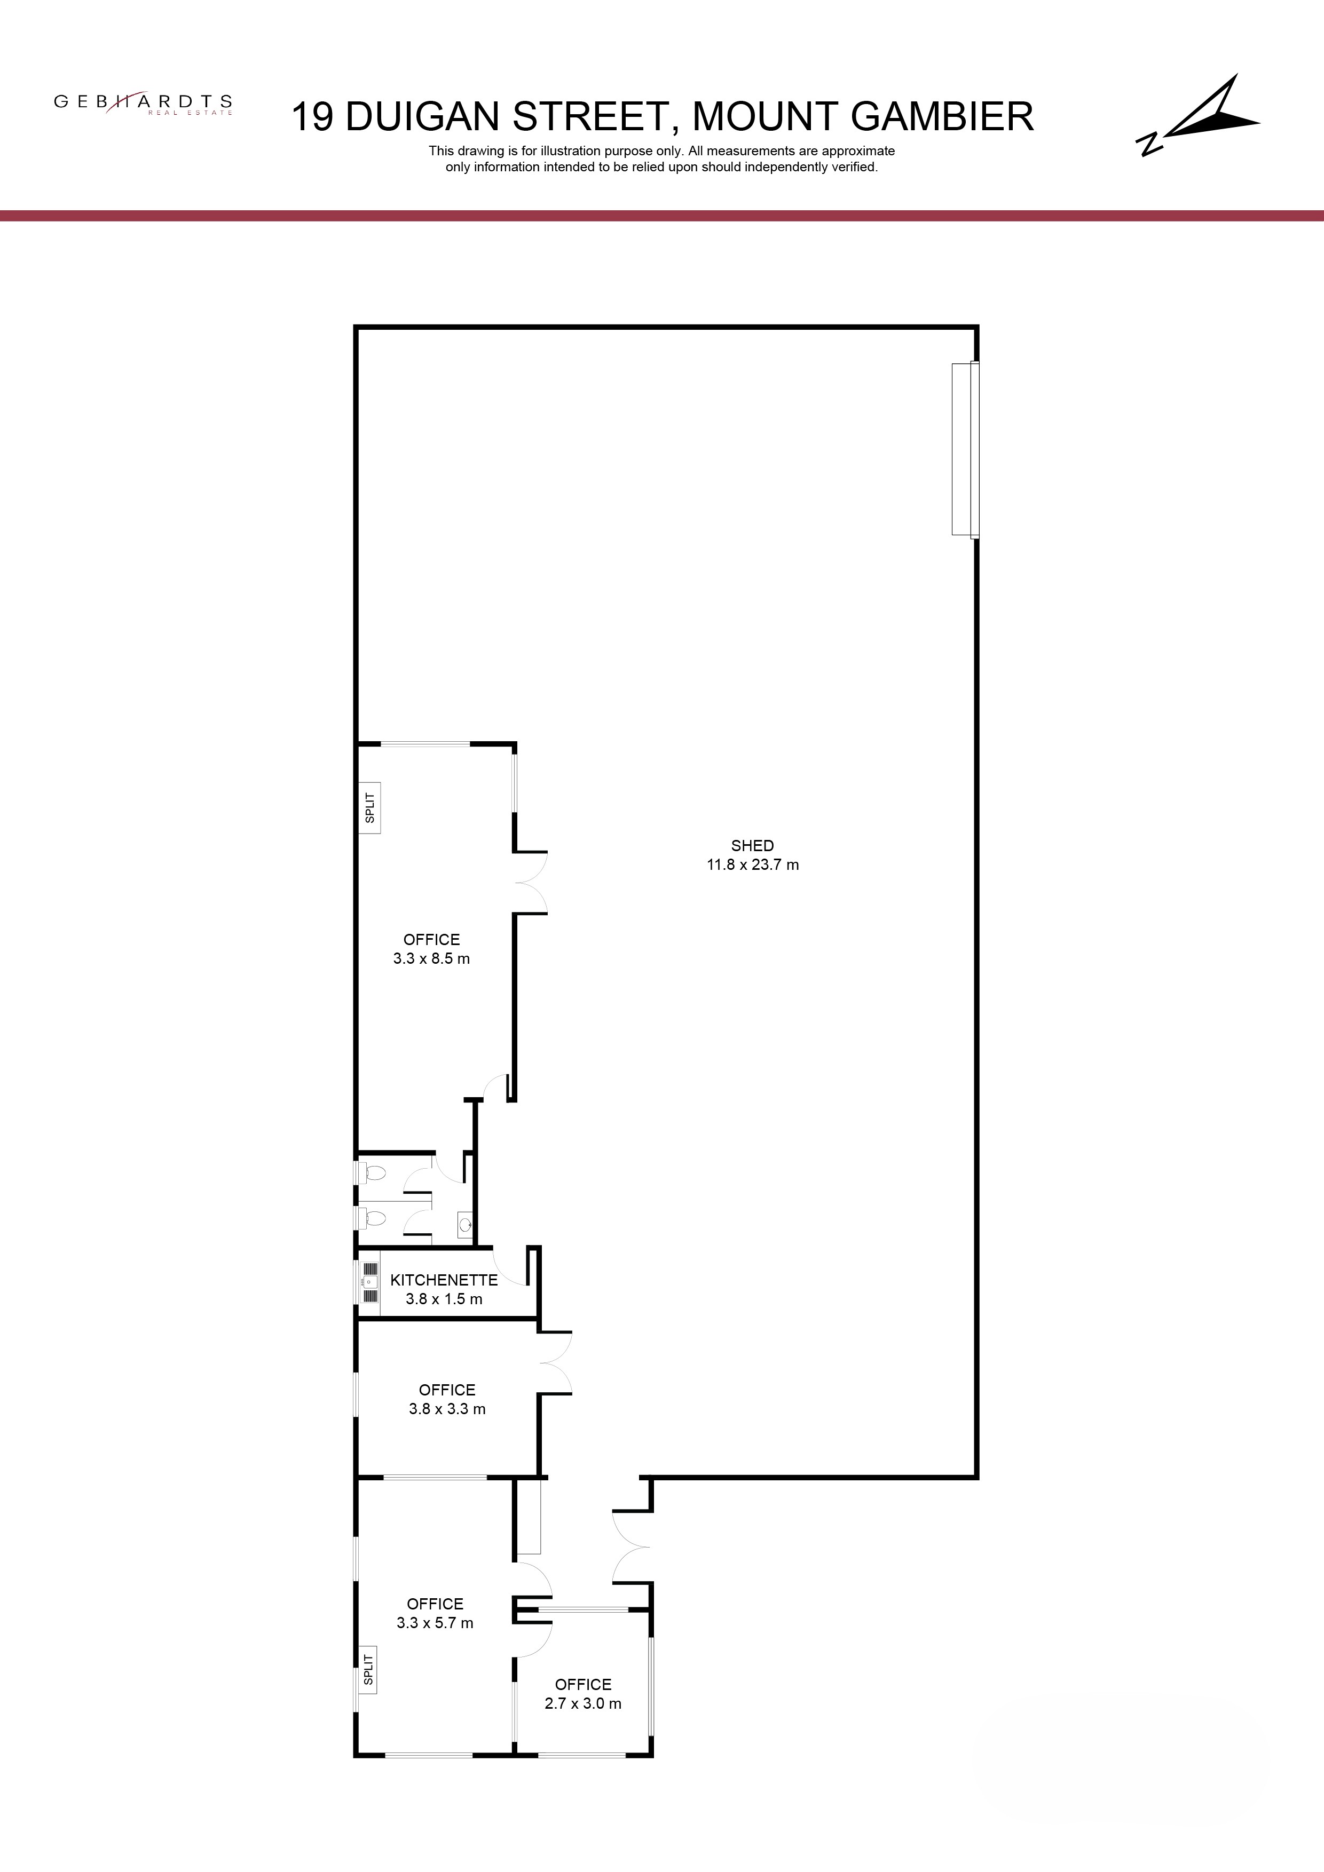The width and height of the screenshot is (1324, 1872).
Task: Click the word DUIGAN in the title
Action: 423,116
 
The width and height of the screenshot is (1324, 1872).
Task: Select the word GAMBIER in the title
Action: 942,116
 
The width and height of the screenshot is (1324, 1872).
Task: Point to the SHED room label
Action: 752,845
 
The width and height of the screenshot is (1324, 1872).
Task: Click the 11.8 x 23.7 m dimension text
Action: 752,865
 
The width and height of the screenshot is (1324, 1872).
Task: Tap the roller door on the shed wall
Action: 965,449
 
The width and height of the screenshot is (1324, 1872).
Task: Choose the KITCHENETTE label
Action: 444,1280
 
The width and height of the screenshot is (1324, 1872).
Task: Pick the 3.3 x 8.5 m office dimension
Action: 431,959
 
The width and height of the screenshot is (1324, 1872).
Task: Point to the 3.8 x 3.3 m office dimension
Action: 447,1409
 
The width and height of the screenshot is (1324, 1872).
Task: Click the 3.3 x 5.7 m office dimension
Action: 435,1622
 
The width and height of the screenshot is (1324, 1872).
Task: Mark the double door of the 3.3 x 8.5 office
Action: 530,882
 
